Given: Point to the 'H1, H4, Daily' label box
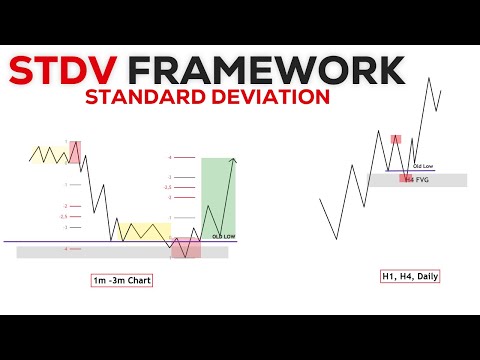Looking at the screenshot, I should [409, 276].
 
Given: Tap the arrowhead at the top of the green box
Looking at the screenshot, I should [234, 160].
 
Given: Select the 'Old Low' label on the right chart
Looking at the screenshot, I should [422, 165].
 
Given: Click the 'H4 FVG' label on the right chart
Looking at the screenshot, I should [415, 179].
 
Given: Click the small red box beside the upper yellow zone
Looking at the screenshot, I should [75, 153].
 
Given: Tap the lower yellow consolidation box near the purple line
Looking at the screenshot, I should [144, 231].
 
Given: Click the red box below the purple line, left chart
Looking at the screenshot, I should [185, 249].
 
